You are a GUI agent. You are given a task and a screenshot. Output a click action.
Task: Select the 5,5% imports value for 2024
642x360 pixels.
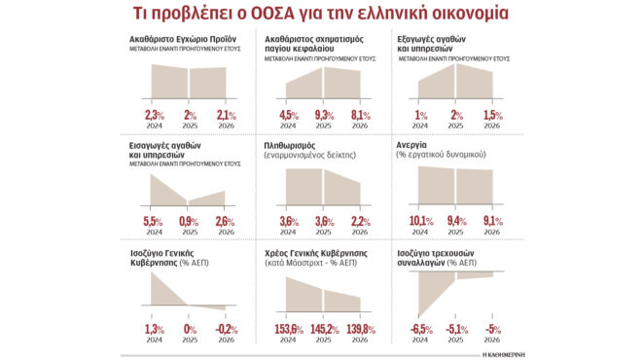pos(156,221)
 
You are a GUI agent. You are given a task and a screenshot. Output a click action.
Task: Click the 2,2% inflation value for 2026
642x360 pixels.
pos(361,221)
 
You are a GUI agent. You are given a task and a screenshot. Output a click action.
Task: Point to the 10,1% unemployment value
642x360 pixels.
pos(420,221)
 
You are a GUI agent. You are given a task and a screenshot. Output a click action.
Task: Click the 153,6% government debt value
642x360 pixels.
pos(287,329)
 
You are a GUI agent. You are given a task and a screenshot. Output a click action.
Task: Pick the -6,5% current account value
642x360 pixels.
pos(419,329)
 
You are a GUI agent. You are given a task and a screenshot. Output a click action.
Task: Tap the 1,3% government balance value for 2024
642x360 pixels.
pos(156,329)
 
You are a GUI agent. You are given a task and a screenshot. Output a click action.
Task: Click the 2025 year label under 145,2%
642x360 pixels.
pos(324,341)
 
